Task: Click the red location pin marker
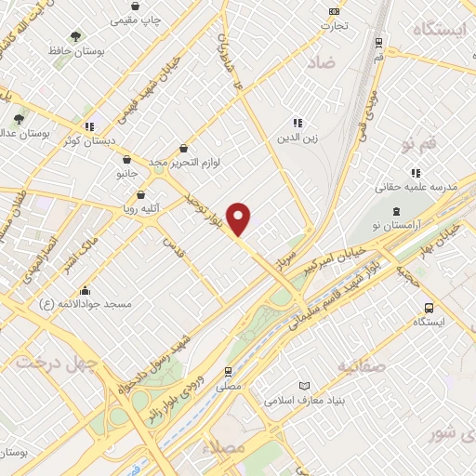point(239,219)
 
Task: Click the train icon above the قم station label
point(378,42)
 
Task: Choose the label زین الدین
point(297,139)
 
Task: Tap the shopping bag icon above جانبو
point(126,159)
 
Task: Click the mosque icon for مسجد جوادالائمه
point(86,290)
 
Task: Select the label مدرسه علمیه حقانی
point(416,187)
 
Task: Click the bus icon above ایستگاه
point(429,308)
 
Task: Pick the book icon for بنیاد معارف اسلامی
point(305,386)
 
